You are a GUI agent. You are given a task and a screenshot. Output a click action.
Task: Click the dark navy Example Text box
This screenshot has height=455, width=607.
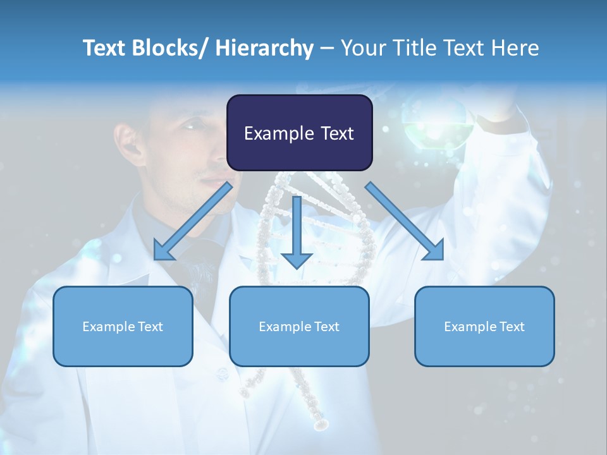[x=299, y=133]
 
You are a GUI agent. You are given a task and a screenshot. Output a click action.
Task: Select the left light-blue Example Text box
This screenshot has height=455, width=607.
[x=123, y=326]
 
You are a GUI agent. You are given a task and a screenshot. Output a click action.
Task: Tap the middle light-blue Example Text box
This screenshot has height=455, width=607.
[x=299, y=326]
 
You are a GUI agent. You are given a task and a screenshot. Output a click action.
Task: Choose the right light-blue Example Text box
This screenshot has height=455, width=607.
[x=484, y=326]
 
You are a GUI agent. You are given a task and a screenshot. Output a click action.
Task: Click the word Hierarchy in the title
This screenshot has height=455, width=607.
[x=264, y=48]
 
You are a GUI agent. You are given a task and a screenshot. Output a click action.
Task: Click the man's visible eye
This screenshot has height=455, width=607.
[x=192, y=126]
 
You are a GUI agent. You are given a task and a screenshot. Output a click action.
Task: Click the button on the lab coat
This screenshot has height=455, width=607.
[x=223, y=374]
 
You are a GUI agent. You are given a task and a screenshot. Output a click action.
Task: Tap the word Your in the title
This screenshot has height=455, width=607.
[x=361, y=48]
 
